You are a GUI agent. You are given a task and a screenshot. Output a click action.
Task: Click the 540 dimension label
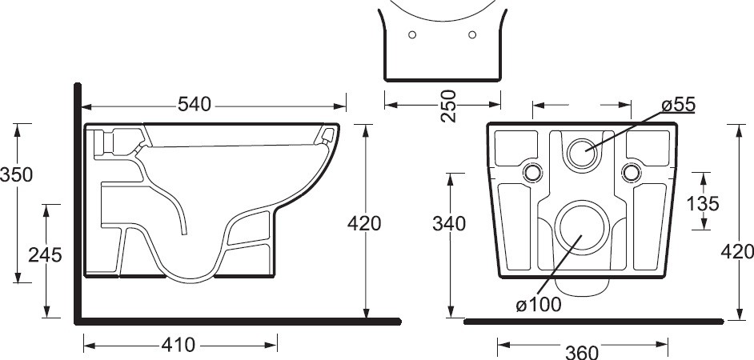[194, 105]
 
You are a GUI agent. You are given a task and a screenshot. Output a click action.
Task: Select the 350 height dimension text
[16, 174]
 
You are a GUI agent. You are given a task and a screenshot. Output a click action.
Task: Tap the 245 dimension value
[45, 254]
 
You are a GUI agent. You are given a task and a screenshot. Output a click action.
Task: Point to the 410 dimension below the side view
[178, 345]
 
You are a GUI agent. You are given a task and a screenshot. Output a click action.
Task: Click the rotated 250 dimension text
[449, 106]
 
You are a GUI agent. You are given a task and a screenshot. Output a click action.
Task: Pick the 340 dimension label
[450, 224]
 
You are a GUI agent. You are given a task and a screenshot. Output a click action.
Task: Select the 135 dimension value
[703, 203]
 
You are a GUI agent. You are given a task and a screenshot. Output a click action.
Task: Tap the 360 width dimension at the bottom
[582, 351]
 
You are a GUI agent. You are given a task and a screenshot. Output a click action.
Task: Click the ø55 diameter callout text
[678, 105]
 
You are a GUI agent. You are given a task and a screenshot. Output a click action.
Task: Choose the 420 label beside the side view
[365, 223]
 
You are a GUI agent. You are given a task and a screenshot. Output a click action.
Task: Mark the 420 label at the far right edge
[737, 252]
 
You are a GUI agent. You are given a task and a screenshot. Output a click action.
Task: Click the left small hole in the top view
[411, 34]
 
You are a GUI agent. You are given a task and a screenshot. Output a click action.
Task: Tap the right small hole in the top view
[472, 34]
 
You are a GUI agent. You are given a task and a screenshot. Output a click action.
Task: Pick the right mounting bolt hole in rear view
[632, 172]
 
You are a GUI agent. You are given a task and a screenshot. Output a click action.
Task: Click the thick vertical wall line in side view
[78, 200]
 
